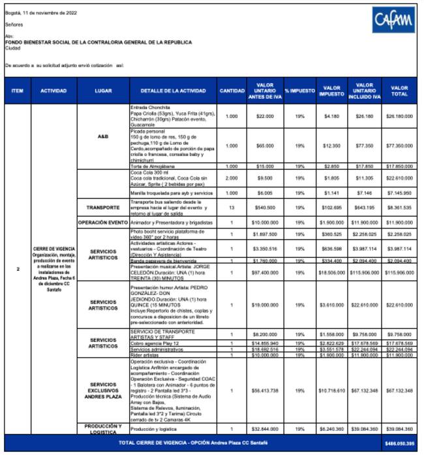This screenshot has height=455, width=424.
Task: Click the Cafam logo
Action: click(393, 22)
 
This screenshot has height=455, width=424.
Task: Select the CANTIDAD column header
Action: click(232, 91)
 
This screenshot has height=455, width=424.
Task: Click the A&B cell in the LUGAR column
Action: click(102, 136)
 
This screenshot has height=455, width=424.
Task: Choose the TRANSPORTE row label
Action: click(102, 208)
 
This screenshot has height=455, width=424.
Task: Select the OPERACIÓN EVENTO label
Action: click(102, 223)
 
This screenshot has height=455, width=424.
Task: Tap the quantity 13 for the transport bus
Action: click(232, 208)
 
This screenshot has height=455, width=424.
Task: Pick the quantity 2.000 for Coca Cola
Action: click(232, 177)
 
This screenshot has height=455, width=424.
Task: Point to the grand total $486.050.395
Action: click(399, 443)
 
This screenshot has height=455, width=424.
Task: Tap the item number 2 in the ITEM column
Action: click(18, 268)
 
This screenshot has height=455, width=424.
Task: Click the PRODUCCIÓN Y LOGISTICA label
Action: click(102, 428)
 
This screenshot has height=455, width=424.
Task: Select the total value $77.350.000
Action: click(399, 146)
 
